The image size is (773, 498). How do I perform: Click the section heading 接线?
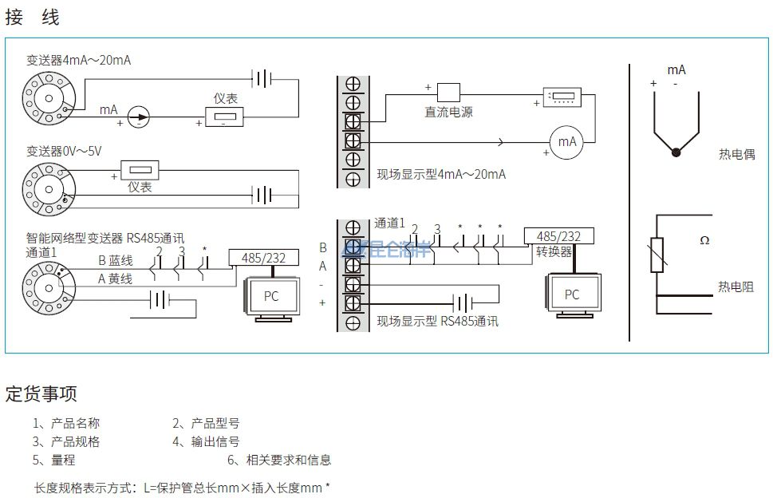(x=33, y=18)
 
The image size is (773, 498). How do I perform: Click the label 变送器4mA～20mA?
(x=78, y=60)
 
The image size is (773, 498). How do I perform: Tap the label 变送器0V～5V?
(x=64, y=151)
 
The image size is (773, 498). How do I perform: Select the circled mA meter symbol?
(x=566, y=141)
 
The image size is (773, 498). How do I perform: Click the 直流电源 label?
(x=448, y=113)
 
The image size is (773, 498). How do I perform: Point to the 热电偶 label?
(x=736, y=155)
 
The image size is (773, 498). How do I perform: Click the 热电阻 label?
(x=735, y=287)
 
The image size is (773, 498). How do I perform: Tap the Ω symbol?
(x=704, y=240)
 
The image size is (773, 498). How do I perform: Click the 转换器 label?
(x=554, y=251)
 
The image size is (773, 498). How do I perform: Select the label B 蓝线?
(x=115, y=260)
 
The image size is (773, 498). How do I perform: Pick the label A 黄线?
(x=115, y=279)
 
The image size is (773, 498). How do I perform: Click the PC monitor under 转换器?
(x=572, y=294)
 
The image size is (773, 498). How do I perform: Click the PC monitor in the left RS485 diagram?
(x=271, y=296)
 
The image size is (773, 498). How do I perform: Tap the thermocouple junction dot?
(x=676, y=152)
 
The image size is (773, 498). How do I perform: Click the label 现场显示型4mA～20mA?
(x=441, y=174)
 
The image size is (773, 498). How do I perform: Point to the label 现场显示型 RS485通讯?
(x=437, y=322)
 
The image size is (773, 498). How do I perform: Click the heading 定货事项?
(x=41, y=393)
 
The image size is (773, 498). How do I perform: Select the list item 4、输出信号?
(x=206, y=441)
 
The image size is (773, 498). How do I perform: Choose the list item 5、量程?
(x=54, y=460)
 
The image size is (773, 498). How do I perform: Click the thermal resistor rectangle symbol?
(x=657, y=255)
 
